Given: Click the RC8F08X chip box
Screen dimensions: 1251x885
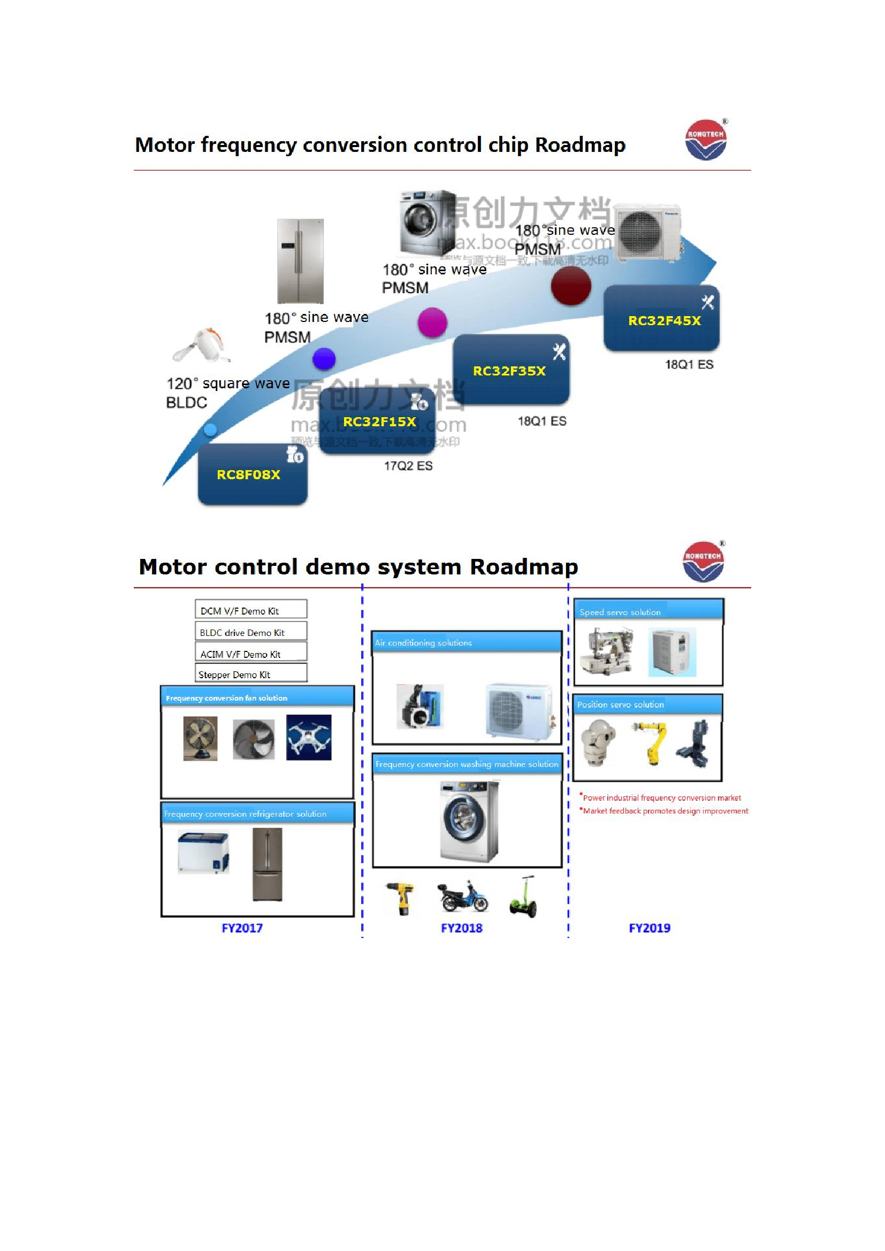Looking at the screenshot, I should coord(253,474).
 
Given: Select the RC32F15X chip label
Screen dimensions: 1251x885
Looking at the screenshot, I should coord(379,421).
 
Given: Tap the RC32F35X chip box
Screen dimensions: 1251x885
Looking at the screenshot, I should coord(510,371).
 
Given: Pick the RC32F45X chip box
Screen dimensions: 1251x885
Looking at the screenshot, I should coord(661,319).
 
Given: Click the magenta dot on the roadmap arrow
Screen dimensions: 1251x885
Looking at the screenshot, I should coord(432,322).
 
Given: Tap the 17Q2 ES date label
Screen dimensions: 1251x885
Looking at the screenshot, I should coord(408,466).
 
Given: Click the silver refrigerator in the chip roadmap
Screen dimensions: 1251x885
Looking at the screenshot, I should coord(300,260).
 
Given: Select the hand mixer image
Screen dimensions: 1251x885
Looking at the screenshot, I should coord(201,345).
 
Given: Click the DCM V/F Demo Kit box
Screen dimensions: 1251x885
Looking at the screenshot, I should coord(250,610).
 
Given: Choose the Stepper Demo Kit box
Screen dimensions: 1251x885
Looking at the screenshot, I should coord(250,674).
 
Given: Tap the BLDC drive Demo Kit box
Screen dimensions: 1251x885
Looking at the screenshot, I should coord(250,632).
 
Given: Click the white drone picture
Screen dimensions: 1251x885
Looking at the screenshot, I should coord(308,737).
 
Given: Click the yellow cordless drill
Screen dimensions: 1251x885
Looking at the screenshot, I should coord(402,898).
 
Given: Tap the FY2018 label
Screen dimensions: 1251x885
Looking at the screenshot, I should coord(462,928).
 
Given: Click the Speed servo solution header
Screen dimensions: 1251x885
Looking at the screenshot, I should coord(648,611).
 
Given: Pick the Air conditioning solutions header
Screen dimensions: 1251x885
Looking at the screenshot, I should coord(467,642).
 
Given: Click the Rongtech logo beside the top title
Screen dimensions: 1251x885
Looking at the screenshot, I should coord(705,140).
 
